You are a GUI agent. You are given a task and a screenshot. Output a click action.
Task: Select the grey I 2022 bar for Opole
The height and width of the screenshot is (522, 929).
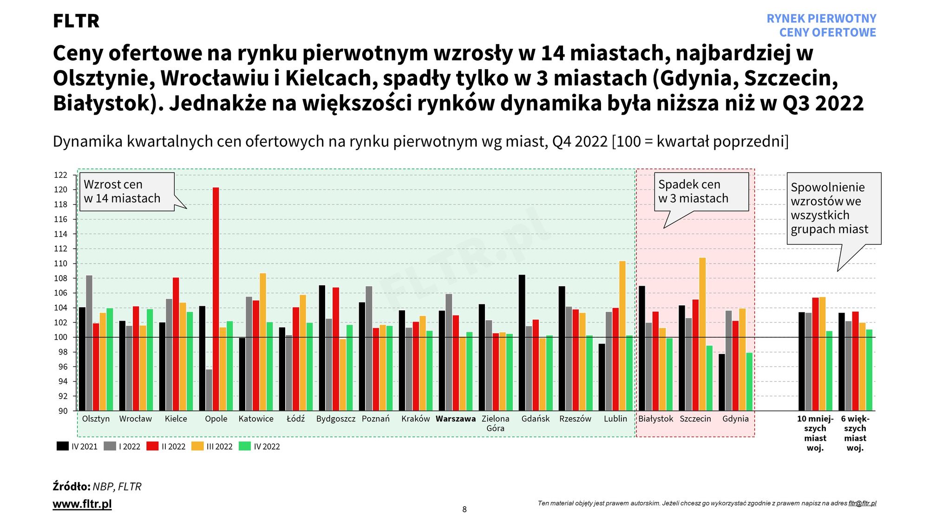pyautogui.click(x=209, y=390)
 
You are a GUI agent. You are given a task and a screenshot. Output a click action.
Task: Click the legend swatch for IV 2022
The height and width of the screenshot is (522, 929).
pyautogui.click(x=245, y=446)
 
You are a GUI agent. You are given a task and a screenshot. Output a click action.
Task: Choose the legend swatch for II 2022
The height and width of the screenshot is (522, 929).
pyautogui.click(x=152, y=446)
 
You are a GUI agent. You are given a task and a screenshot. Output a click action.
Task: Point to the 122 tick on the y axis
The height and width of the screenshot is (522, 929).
pyautogui.click(x=61, y=175)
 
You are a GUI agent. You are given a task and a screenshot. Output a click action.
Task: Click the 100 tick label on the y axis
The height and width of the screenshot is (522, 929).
pyautogui.click(x=61, y=337)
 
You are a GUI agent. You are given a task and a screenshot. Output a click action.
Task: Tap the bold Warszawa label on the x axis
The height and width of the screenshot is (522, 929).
pyautogui.click(x=456, y=419)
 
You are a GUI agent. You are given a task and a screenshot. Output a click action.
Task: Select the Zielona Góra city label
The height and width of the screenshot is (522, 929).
pyautogui.click(x=496, y=423)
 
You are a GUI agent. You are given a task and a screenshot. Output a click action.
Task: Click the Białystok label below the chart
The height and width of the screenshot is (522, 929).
pyautogui.click(x=655, y=419)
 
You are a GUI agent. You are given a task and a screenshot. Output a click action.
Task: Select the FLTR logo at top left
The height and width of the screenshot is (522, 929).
pyautogui.click(x=76, y=21)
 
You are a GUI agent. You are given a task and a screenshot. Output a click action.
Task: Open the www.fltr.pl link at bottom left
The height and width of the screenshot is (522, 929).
pyautogui.click(x=82, y=504)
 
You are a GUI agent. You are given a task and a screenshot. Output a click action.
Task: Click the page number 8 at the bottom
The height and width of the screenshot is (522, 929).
pyautogui.click(x=464, y=509)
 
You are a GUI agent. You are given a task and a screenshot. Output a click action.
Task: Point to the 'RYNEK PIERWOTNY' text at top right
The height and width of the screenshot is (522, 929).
pyautogui.click(x=821, y=19)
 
